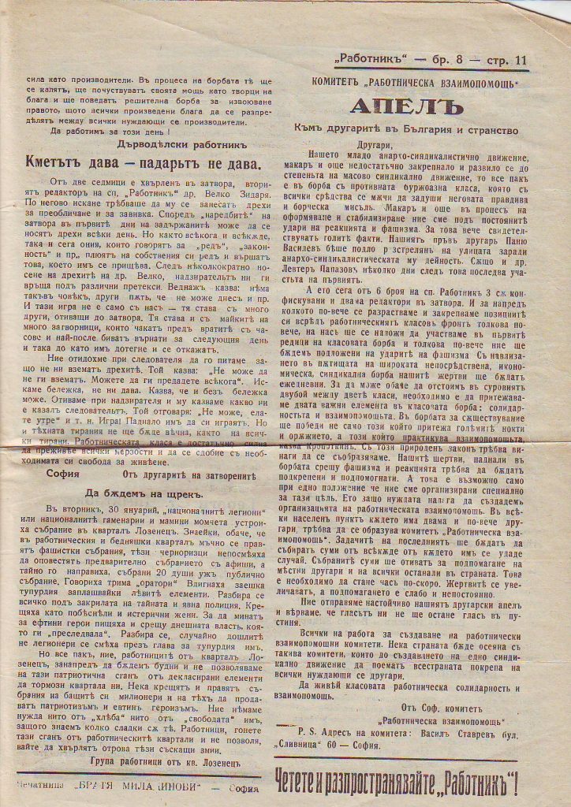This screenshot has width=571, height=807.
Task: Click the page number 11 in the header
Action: pyautogui.click(x=520, y=59)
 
